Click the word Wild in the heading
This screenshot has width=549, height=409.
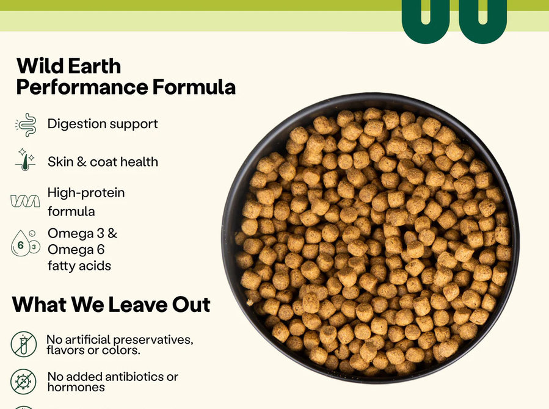[x=38, y=66]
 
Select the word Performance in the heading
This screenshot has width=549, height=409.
[x=82, y=87]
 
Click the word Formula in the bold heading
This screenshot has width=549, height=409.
[x=194, y=87]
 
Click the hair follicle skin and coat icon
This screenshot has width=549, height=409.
[x=24, y=159]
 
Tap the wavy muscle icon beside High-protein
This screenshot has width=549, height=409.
[x=25, y=201]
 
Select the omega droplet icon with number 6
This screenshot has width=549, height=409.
[x=21, y=244]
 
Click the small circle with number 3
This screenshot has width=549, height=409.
[x=34, y=247]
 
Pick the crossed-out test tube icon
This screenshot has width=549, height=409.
[x=23, y=344]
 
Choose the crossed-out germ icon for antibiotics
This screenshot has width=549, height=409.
[x=23, y=382]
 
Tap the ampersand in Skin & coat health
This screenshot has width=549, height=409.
[x=81, y=162]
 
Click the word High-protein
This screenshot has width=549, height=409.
[x=86, y=193]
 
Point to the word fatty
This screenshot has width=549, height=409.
[x=61, y=266]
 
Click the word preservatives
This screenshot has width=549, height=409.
[x=153, y=340]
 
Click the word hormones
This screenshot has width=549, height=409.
[x=76, y=387]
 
